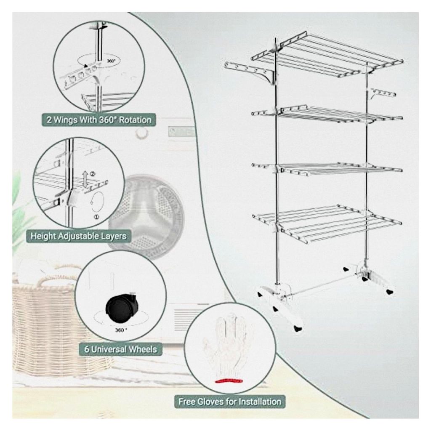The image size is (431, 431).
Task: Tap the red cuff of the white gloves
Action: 229,380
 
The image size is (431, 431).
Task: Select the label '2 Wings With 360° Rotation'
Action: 99,120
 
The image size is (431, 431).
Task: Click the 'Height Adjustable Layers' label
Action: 79,236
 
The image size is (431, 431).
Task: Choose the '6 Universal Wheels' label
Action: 120,349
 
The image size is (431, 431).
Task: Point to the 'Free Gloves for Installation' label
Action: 229,402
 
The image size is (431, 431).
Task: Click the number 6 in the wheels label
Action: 87,349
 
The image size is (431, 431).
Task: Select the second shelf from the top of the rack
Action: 327,114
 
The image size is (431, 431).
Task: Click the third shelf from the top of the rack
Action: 327,168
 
